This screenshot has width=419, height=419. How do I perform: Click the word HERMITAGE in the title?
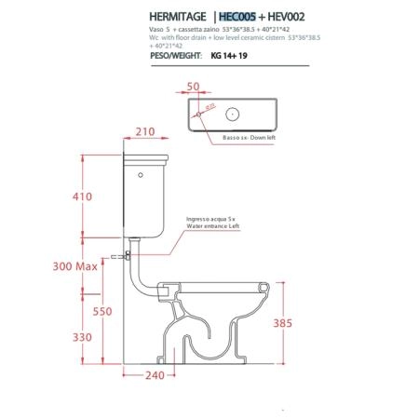(178, 17)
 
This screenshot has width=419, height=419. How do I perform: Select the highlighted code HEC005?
(237, 17)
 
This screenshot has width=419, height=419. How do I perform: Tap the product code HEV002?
(286, 17)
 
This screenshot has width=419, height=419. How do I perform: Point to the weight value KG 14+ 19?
(229, 56)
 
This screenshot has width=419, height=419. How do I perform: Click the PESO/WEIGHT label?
(176, 56)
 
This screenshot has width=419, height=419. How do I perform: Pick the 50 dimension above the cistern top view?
(193, 87)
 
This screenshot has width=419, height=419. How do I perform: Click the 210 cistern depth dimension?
(145, 131)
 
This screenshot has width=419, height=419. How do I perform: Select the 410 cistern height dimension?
(82, 196)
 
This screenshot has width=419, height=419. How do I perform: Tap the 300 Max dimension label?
(75, 266)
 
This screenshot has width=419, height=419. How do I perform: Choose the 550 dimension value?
(102, 311)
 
